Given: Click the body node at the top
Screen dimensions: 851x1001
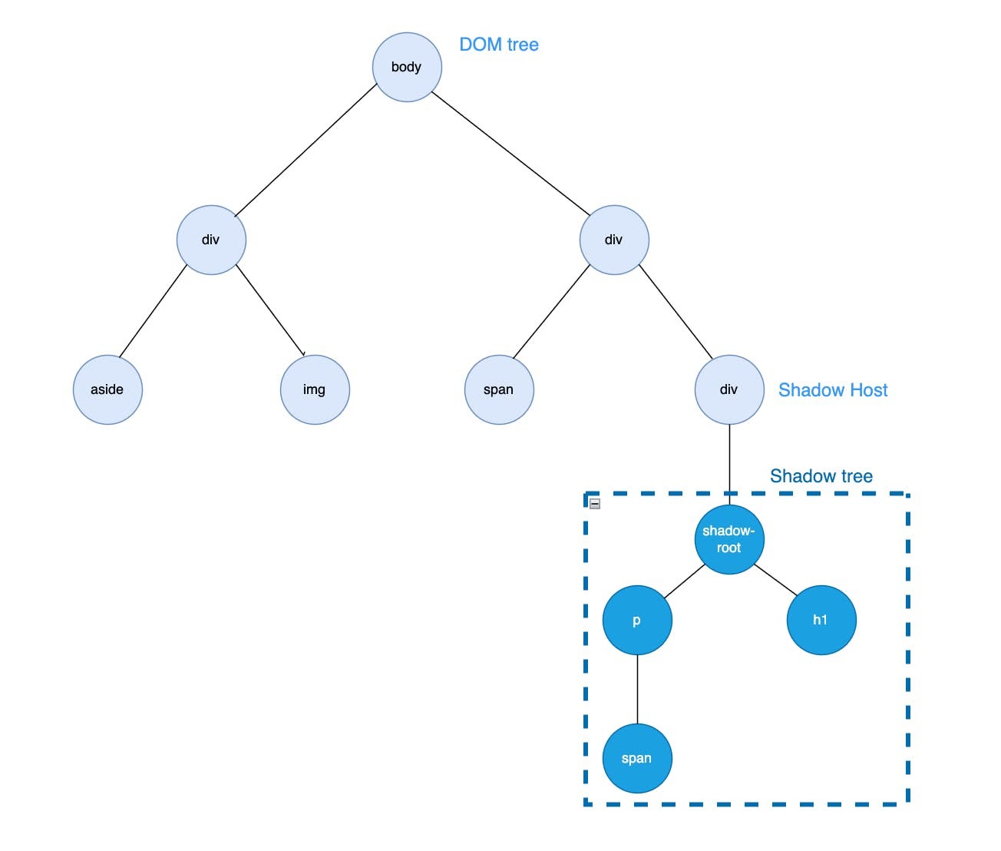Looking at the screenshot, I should (x=407, y=67).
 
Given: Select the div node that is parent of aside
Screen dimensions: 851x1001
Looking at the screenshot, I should (x=211, y=240).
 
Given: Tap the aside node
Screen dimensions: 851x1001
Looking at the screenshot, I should (x=107, y=389).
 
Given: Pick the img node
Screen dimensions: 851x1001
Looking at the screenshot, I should (x=315, y=389).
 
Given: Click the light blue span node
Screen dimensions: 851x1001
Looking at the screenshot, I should (x=499, y=389).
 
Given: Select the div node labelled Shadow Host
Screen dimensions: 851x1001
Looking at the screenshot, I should (x=729, y=389).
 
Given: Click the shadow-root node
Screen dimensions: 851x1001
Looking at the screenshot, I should (x=729, y=539).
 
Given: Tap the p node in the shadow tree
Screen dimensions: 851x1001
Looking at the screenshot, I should (x=637, y=620).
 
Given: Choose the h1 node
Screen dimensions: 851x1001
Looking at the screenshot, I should (x=821, y=620).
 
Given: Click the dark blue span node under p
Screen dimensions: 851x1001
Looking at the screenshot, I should (x=637, y=758).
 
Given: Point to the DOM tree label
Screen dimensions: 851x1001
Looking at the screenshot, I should (x=499, y=45).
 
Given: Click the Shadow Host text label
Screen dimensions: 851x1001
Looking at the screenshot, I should (x=833, y=390).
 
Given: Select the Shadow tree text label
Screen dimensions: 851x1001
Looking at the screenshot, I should (x=821, y=476).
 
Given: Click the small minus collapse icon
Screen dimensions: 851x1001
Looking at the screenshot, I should (x=595, y=504).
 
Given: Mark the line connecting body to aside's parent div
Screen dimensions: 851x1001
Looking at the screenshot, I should (x=306, y=151).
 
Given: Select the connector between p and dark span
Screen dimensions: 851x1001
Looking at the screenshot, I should (x=637, y=689).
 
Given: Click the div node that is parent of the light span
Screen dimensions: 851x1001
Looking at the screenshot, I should (x=614, y=240).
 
